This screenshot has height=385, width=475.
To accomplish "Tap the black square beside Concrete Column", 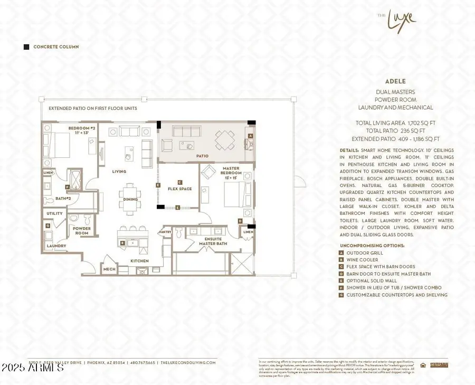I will coord(26,47).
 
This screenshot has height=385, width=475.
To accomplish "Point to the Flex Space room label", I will coord(180,189).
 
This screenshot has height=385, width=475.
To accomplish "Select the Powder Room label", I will coord(82,231).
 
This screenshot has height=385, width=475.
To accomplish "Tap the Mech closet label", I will coord(109,269).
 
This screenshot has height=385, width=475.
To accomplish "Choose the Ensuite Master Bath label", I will coord(208,241).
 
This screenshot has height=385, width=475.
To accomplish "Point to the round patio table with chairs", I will coord(225,140).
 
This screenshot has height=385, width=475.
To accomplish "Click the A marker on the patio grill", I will coord(250,136).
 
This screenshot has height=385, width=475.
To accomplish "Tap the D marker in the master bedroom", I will coord(240,221).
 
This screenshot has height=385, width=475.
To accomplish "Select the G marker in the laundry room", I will coord(48,226).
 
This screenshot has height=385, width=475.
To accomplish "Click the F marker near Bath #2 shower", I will coord(67,187).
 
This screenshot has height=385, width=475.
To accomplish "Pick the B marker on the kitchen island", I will coord(122,243).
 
